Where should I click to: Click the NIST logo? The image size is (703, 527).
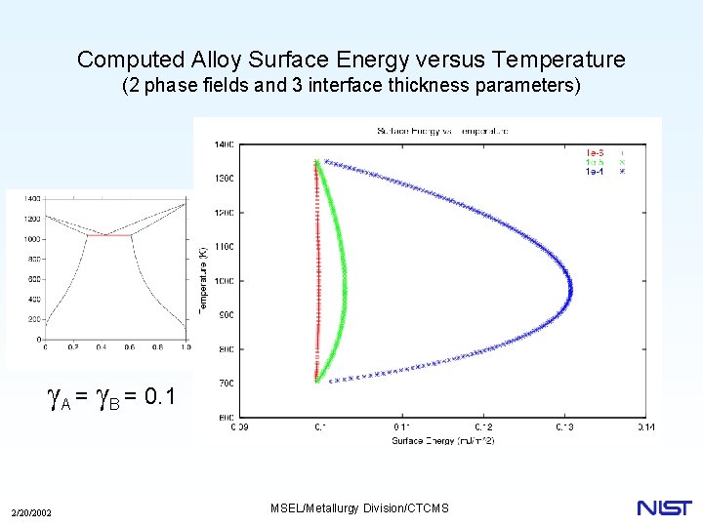point(664,507)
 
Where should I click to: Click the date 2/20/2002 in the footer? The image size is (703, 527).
point(31,513)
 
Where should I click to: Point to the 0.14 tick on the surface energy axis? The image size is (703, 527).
point(644,426)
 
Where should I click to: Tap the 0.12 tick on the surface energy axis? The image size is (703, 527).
point(482,426)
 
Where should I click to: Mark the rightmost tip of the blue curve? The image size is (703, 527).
point(571,288)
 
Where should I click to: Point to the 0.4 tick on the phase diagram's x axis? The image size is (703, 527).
point(102,347)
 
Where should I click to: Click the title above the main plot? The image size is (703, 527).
point(442,131)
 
